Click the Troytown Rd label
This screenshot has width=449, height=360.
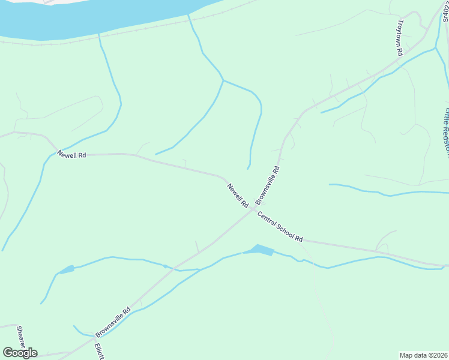coord(399,38)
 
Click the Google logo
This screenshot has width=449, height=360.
coord(20,352)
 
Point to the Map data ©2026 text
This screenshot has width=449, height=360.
coord(423,355)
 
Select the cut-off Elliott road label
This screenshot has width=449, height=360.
coord(99,350)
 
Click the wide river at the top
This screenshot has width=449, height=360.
coord(90,18)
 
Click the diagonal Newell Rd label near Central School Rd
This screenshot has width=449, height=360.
coord(238,196)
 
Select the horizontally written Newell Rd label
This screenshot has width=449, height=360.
coord(71,155)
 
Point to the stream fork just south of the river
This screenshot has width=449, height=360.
coord(223,80)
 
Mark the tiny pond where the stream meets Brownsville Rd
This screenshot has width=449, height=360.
coord(164,266)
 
